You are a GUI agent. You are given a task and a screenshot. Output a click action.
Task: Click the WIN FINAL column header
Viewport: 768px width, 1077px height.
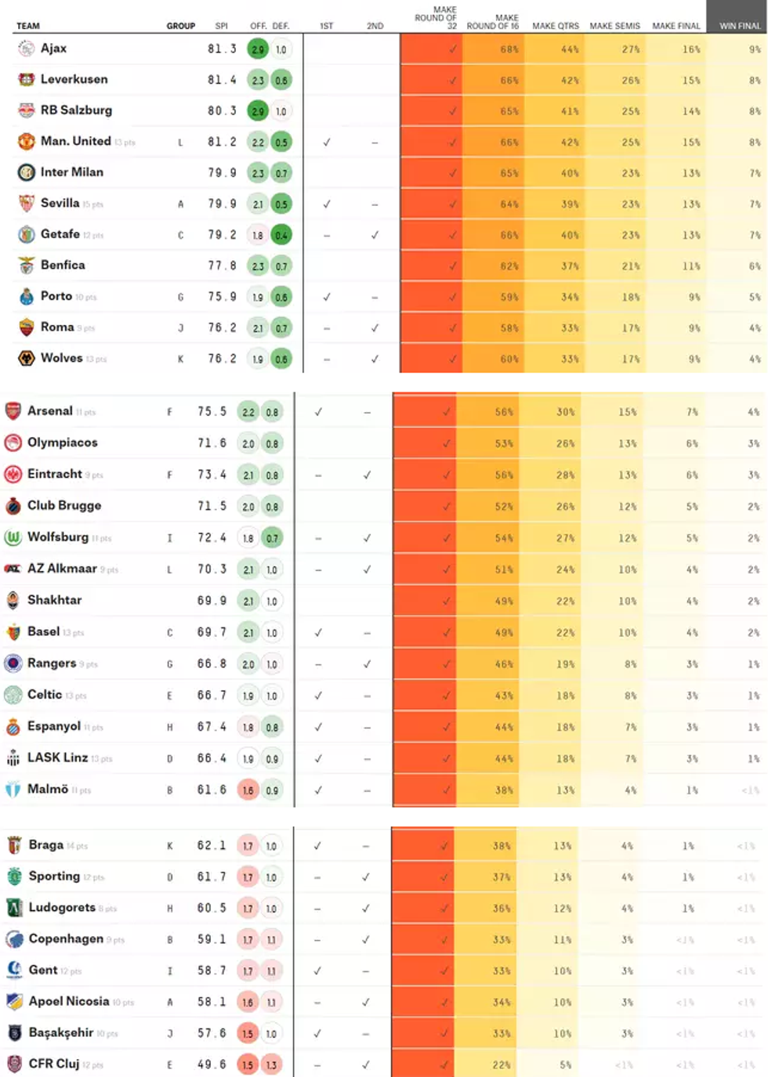coord(739,26)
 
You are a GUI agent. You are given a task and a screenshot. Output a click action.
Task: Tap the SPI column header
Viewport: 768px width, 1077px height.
coord(222,26)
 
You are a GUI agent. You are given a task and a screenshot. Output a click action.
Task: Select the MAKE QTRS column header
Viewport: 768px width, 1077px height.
coord(555,26)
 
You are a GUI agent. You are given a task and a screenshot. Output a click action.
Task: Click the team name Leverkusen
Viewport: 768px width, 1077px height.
coord(74,79)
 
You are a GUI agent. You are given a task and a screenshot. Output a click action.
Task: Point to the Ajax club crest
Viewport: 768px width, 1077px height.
coord(27,49)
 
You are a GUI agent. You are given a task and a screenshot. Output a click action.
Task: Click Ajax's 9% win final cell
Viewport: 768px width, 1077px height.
coord(754,49)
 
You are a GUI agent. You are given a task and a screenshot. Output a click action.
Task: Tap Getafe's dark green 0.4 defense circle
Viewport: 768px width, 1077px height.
coord(281,235)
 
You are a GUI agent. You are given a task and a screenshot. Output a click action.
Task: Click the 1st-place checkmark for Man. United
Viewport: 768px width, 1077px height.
coord(327,142)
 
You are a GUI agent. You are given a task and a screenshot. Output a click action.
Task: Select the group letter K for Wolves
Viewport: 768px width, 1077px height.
coord(181,359)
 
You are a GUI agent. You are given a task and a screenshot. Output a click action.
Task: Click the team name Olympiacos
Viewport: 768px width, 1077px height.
coord(63,443)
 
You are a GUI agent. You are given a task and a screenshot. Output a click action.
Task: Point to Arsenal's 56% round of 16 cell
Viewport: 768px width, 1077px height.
coord(504,412)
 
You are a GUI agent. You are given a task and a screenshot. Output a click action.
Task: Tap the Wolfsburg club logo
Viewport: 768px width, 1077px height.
coord(13,537)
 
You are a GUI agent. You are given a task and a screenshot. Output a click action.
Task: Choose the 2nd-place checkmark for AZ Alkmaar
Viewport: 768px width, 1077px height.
coord(367,569)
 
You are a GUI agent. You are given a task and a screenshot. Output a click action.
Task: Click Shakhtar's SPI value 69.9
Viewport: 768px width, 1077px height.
coord(212,601)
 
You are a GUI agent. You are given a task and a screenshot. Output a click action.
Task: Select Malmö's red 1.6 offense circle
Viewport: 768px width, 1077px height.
coord(248,790)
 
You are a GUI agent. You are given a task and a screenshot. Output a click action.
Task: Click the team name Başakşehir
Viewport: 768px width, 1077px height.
coord(61,1032)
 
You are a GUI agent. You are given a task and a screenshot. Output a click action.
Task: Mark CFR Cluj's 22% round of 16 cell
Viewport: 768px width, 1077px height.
coord(502,1064)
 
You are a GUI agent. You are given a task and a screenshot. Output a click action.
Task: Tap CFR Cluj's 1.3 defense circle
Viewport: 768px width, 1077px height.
coord(271,1064)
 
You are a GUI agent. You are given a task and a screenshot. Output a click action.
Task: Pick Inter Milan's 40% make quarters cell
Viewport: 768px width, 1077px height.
coord(570,173)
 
